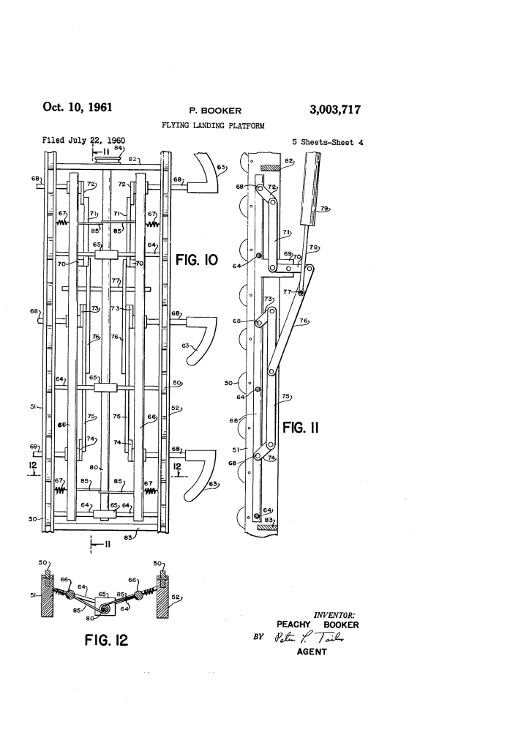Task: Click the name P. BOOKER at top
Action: (x=215, y=111)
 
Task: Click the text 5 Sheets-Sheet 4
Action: (x=327, y=142)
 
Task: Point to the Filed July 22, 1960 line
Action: (x=84, y=140)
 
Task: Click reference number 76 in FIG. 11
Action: (x=302, y=320)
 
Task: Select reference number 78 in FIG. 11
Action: (x=313, y=247)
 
